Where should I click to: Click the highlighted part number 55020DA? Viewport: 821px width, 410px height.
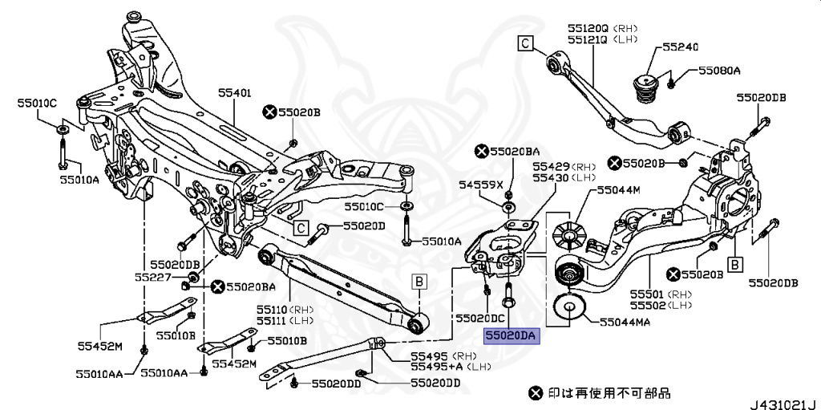point(512,337)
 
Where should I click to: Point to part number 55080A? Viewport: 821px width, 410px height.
point(720,71)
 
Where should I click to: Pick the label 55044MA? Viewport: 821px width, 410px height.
point(624,322)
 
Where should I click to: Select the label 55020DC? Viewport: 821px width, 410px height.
point(481,319)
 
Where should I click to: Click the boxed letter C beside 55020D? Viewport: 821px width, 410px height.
point(301,228)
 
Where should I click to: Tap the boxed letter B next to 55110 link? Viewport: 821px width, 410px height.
point(419,281)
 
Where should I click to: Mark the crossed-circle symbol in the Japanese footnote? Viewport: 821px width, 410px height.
point(535,393)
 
